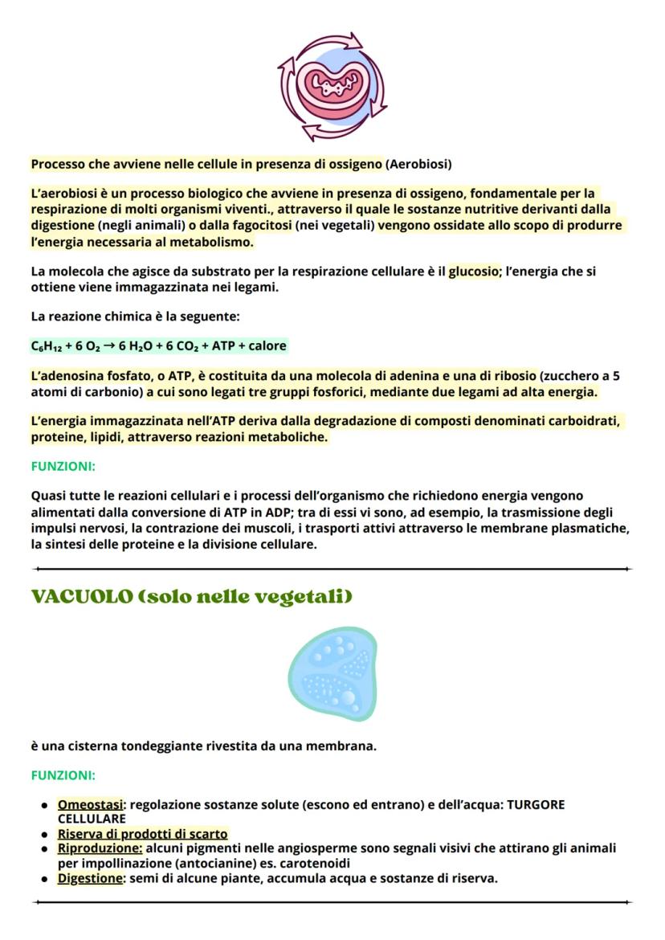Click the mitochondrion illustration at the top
pos(332,86)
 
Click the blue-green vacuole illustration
pos(332,673)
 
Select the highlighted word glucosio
pos(473,272)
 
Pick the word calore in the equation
pos(267,346)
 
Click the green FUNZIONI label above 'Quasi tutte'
pos(63,466)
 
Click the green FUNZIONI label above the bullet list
pos(63,775)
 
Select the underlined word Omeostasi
pos(90,804)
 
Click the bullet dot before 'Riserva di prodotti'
pos(45,835)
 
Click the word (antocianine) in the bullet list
pos(214,863)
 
